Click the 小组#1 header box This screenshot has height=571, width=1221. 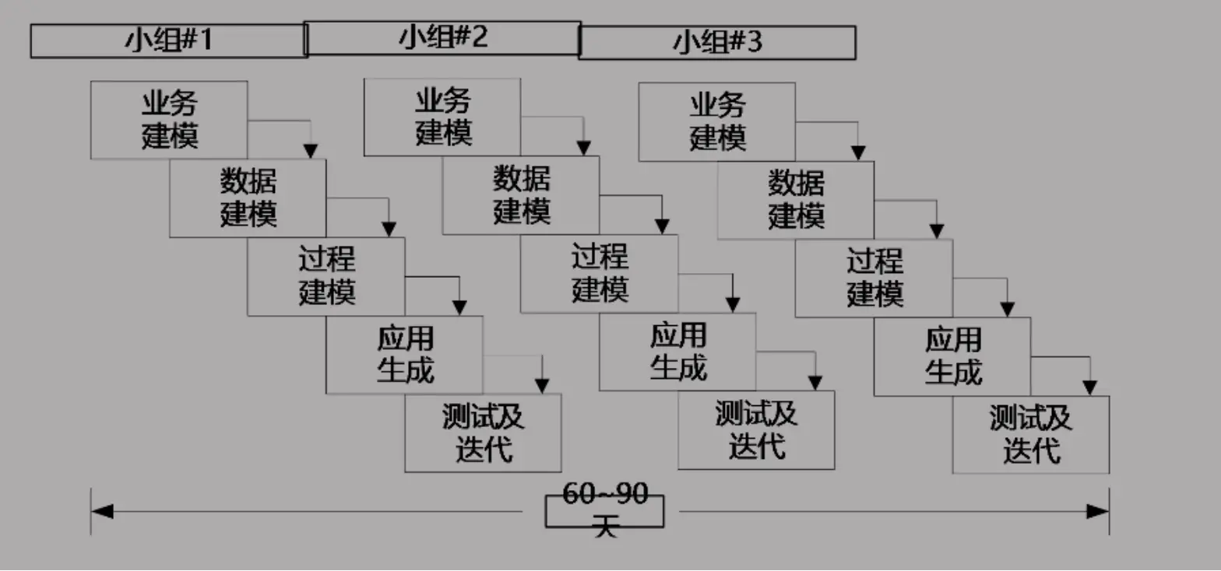pos(168,40)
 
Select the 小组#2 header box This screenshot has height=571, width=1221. pos(442,38)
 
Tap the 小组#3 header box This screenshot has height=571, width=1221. pos(717,43)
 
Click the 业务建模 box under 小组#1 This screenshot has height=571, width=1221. pos(169,120)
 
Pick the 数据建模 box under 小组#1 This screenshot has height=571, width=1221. pos(248,198)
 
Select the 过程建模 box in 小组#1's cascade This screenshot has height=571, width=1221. pos(326,276)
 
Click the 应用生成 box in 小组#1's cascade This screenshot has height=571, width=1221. pos(404,355)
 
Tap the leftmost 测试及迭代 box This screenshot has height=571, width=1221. pos(483,433)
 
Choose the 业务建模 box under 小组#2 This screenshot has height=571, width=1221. pos(442,117)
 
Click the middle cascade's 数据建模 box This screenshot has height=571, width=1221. pos(521,195)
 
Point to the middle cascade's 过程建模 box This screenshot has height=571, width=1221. pos(599,274)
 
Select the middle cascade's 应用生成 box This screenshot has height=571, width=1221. pos(677,352)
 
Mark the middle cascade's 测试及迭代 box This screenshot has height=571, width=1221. pos(756,430)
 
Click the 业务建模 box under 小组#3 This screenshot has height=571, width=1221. pos(717,121)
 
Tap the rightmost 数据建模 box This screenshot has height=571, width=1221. pos(796,200)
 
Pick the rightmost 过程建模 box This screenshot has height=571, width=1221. pos(874,278)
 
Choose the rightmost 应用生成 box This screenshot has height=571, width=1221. pos(952,357)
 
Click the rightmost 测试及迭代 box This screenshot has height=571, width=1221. pos(1031,435)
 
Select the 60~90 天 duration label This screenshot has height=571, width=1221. pos(604,511)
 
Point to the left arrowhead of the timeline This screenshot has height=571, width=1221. pos(102,511)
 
